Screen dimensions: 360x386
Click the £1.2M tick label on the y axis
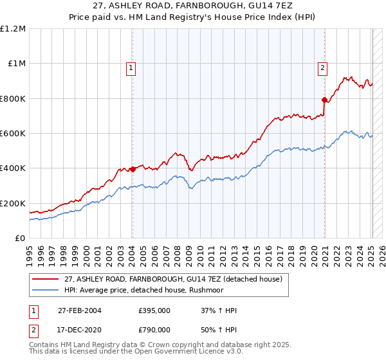(x=13, y=29)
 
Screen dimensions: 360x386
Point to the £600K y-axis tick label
(x=13, y=134)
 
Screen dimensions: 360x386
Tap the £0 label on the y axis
(x=20, y=239)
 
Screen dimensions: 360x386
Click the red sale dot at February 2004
(x=133, y=170)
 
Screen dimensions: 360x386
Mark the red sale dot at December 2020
(x=324, y=100)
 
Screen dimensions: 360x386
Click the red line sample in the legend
(x=46, y=279)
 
